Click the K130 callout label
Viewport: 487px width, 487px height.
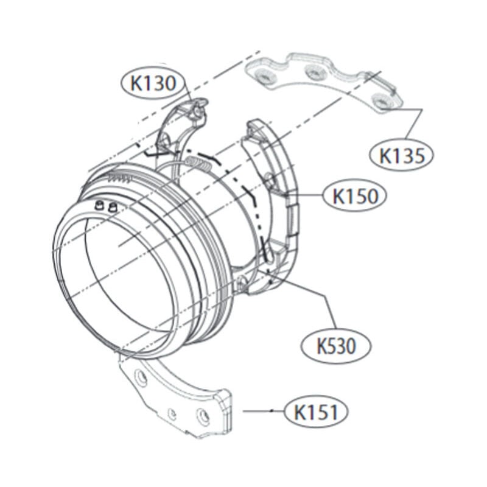(153, 83)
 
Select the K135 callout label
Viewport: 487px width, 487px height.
(401, 155)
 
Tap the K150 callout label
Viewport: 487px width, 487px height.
(355, 195)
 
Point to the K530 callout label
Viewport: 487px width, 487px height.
(336, 346)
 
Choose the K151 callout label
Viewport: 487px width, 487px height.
(316, 412)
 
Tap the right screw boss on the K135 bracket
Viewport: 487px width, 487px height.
(381, 100)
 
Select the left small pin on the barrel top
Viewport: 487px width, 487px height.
(100, 205)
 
